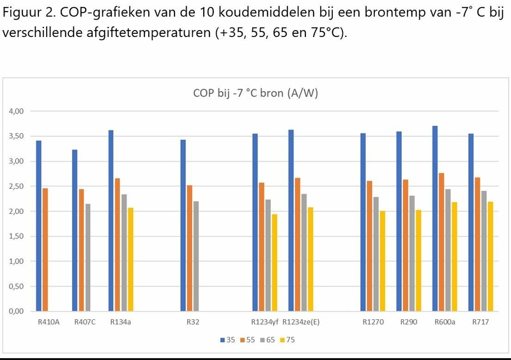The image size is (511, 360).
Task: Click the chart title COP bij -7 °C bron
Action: (256, 93)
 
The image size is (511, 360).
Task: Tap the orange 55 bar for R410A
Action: (45, 250)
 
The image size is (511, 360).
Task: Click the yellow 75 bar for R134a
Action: (130, 259)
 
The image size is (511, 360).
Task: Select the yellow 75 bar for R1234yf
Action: (275, 262)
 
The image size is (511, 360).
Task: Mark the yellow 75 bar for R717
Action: (491, 256)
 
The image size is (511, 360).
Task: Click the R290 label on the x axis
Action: (408, 322)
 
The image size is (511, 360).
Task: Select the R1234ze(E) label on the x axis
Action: (301, 322)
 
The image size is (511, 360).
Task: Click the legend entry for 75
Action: (287, 340)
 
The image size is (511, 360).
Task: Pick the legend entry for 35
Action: (227, 340)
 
